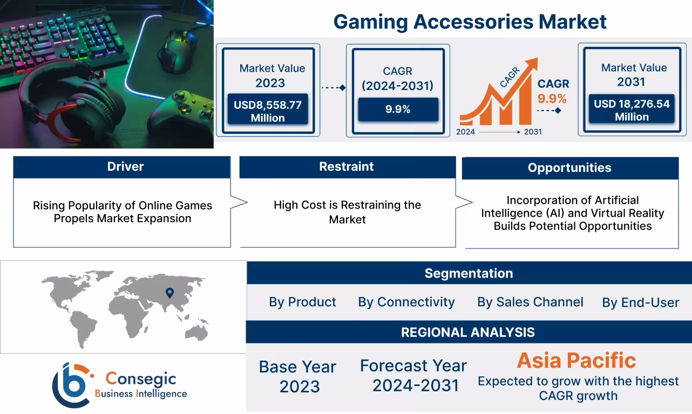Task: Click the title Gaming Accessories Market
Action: [470, 22]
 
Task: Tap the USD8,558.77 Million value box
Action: [268, 111]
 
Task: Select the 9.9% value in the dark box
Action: [398, 109]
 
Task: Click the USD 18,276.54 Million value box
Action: [632, 110]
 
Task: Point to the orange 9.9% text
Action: [552, 99]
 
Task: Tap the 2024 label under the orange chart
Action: [465, 132]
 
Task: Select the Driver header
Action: [125, 167]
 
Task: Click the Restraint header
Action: [347, 167]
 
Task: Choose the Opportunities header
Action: [569, 168]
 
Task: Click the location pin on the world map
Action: [169, 293]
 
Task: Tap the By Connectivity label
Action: [406, 302]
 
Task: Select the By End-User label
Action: [640, 303]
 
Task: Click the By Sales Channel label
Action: [530, 302]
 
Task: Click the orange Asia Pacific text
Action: [576, 360]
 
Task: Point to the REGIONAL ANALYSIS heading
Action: [467, 332]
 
